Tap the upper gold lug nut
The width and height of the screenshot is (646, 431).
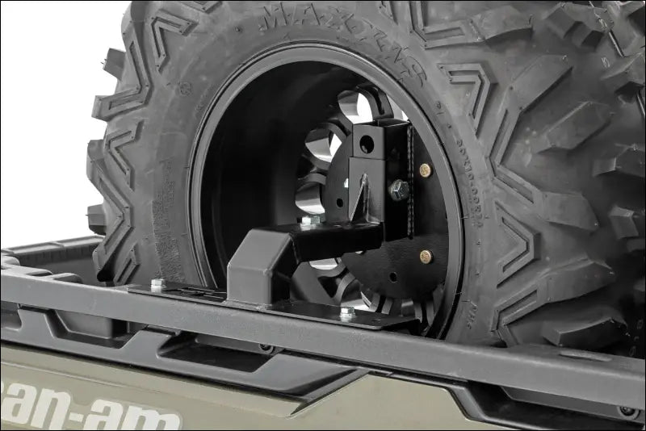point(426,170)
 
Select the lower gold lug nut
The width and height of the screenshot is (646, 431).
point(426,257)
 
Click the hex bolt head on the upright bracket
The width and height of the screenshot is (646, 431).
point(398,190)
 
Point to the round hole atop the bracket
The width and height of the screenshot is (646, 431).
point(368,145)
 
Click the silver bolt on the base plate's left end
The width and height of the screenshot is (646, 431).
point(157,284)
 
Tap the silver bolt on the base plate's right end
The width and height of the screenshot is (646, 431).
point(347,313)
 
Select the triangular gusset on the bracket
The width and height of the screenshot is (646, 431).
point(361,198)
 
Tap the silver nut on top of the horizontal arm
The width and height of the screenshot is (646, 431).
point(307,220)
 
